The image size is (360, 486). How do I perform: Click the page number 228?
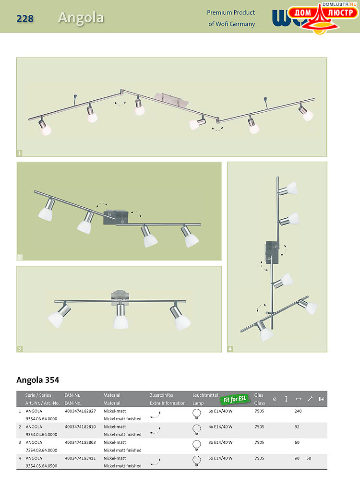pyautogui.click(x=25, y=19)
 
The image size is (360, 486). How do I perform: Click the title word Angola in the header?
pyautogui.click(x=81, y=18)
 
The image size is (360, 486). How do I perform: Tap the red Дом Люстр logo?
pyautogui.click(x=322, y=18)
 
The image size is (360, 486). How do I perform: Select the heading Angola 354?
pyautogui.click(x=38, y=380)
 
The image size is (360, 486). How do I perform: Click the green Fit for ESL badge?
pyautogui.click(x=234, y=399)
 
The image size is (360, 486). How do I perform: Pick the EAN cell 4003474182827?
pyautogui.click(x=80, y=411)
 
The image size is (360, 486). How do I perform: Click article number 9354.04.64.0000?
pyautogui.click(x=42, y=435)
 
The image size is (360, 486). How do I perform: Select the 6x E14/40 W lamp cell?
pyautogui.click(x=220, y=411)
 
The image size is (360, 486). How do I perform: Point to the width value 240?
pyautogui.click(x=298, y=411)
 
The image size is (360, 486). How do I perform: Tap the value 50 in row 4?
pyautogui.click(x=309, y=458)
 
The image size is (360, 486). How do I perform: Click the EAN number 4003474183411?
pyautogui.click(x=80, y=458)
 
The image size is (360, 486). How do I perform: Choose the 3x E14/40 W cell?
pyautogui.click(x=220, y=442)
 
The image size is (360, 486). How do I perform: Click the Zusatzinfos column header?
pyautogui.click(x=161, y=395)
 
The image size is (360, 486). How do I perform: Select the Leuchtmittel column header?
pyautogui.click(x=205, y=395)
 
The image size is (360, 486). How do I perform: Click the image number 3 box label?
pyautogui.click(x=20, y=349)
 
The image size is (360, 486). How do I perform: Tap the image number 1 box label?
pyautogui.click(x=20, y=153)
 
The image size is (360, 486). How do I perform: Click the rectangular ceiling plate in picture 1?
pyautogui.click(x=172, y=99)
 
